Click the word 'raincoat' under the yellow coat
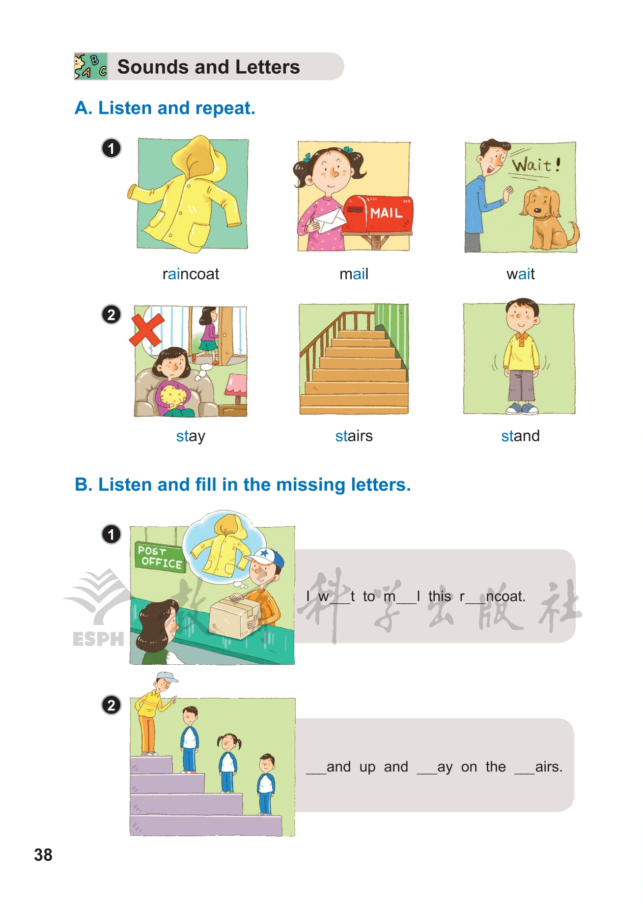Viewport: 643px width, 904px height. point(191,274)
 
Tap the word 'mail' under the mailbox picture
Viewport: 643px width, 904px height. point(354,274)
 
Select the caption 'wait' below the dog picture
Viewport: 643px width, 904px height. point(520,274)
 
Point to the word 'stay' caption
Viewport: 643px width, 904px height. point(191,436)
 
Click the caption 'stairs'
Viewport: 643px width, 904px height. point(354,436)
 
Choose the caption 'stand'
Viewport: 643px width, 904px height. point(520,436)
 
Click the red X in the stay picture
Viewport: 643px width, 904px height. point(146,330)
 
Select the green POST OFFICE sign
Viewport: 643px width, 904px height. point(160,558)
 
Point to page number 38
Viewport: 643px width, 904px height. point(43,855)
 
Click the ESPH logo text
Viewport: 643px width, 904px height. point(98,639)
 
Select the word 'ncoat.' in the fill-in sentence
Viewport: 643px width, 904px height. point(506,596)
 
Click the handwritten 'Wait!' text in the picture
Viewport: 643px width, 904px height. point(536,164)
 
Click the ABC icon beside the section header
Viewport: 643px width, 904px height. point(91,66)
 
